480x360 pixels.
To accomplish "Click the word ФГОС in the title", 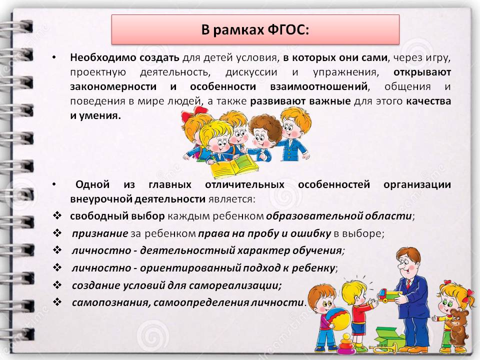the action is coord(288,30).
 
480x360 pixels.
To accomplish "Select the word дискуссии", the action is coord(251,72).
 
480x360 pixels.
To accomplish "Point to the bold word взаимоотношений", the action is coord(319,86).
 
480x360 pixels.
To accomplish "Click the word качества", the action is coord(428,101).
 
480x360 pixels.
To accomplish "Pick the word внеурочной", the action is coord(101,199).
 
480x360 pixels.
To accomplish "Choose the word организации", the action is coord(417,185).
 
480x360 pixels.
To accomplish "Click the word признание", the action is coord(100,234).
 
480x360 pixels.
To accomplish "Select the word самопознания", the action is coord(111,303).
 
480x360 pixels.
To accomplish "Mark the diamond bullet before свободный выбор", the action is coord(57,215).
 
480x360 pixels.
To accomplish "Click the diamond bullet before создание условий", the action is coord(57,285).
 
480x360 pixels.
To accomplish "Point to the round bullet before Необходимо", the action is coord(54,57).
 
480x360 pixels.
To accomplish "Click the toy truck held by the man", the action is coord(389,295).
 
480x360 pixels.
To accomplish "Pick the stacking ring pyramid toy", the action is coord(346,344).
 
